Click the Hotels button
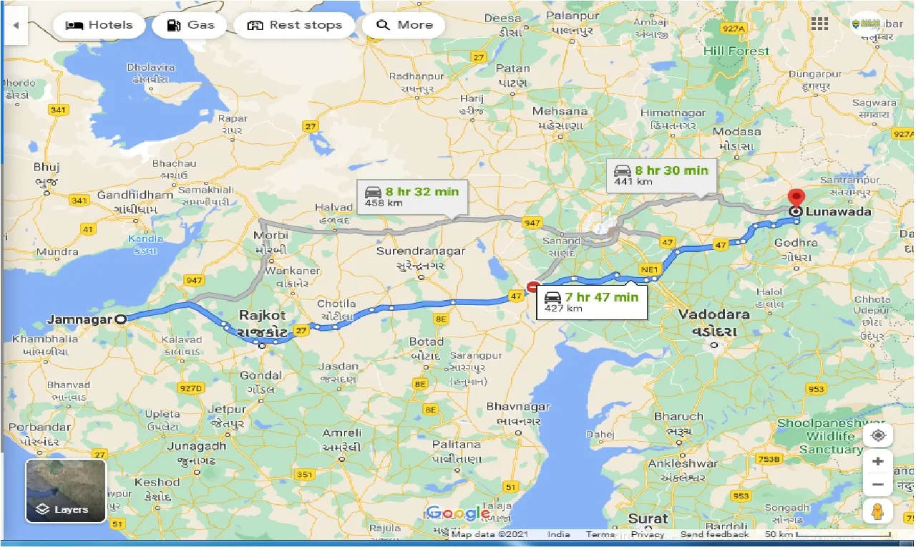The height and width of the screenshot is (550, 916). click(x=99, y=25)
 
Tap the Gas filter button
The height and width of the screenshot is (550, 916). click(x=190, y=25)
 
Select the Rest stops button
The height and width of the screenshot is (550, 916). click(x=294, y=25)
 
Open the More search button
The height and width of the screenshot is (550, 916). click(x=404, y=25)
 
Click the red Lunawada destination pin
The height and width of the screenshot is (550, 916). click(x=796, y=198)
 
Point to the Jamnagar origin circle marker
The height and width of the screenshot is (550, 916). click(x=121, y=320)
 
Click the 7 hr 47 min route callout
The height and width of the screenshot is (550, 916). click(x=591, y=302)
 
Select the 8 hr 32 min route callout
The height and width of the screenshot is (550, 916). click(x=412, y=197)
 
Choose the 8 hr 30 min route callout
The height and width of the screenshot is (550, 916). click(x=661, y=175)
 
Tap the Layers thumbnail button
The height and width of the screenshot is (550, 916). click(x=66, y=491)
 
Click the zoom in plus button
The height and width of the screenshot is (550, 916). click(x=878, y=461)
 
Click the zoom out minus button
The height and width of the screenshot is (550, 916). click(x=878, y=485)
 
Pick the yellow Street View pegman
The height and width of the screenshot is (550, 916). click(x=878, y=511)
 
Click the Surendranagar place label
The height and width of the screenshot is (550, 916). click(x=421, y=251)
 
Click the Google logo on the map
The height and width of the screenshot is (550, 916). click(x=458, y=513)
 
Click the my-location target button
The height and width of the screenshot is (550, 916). click(x=878, y=435)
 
